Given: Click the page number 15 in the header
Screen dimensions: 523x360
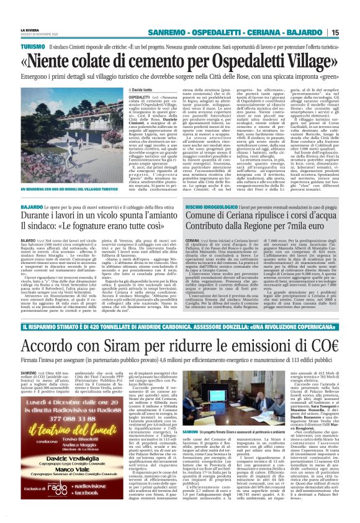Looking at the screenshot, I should click(352, 32).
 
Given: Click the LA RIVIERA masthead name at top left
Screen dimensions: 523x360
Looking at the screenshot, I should click(29, 29).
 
